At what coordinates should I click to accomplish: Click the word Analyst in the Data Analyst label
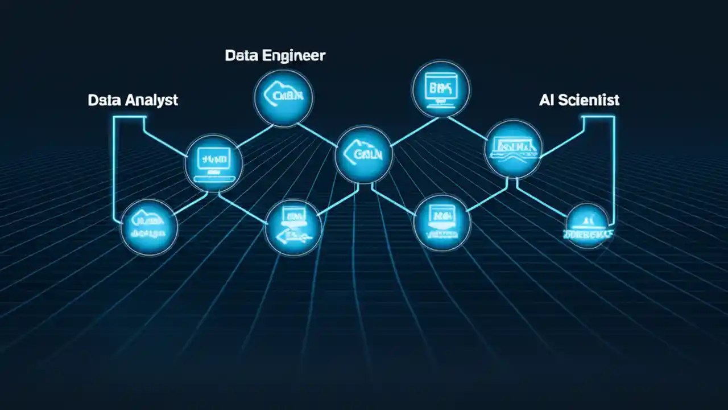point(150,101)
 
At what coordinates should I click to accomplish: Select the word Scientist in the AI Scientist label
point(589,101)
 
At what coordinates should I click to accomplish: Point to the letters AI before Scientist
point(546,101)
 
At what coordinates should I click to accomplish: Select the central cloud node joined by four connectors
point(363,154)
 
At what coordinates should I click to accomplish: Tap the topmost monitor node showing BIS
point(440,88)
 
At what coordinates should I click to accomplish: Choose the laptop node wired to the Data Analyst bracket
point(213,163)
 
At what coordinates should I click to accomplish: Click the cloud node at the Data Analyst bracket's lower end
point(149,227)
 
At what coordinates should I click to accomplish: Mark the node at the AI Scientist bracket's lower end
point(588,226)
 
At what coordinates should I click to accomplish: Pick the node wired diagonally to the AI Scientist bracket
point(512,148)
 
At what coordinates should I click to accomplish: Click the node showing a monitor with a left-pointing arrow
point(293,227)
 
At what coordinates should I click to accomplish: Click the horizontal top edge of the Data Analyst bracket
point(130,117)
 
